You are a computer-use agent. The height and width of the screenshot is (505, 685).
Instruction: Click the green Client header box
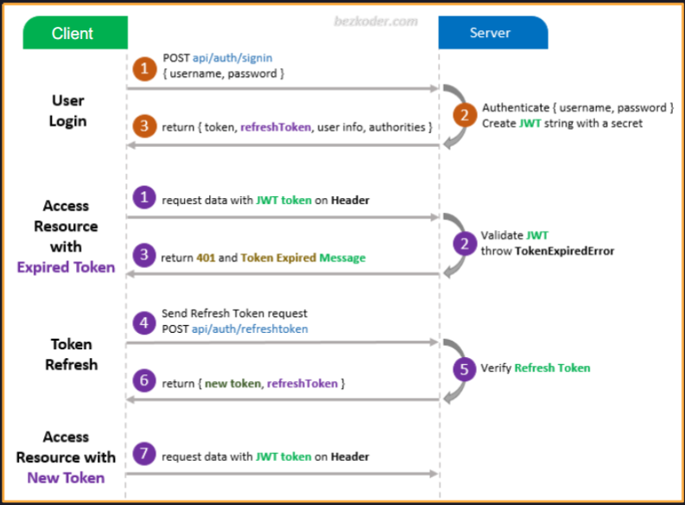point(73,34)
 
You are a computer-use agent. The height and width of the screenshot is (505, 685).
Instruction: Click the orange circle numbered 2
point(465,115)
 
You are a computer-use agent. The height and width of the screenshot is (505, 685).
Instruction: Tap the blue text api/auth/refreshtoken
point(251,329)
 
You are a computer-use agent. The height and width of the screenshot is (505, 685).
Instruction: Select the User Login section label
point(67,112)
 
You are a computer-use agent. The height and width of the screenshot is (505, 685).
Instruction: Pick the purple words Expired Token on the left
point(66,267)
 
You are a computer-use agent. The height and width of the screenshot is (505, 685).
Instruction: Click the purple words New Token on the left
point(66,477)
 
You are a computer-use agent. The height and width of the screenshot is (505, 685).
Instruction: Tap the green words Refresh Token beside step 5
point(552,368)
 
